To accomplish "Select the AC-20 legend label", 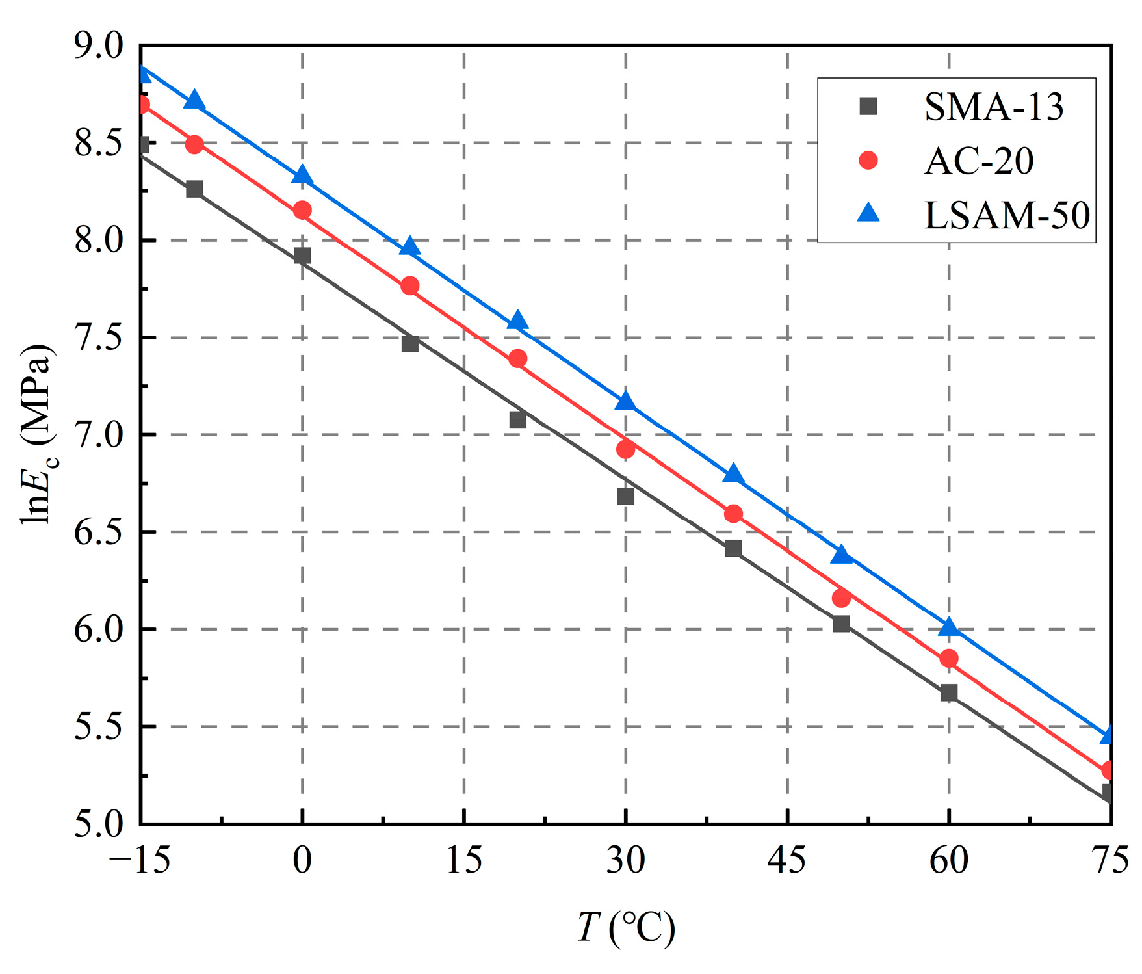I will click(978, 161).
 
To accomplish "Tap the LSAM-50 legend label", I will click(1006, 215).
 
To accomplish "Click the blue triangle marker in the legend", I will click(868, 213).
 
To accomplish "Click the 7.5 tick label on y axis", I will click(98, 339).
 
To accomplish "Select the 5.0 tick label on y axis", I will click(98, 824).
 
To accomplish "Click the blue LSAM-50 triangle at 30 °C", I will click(625, 401).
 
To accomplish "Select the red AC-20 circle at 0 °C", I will click(302, 210).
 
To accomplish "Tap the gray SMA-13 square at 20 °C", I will click(517, 420).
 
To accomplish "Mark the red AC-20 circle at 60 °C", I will click(949, 658).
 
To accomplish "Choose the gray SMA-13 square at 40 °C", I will click(733, 548).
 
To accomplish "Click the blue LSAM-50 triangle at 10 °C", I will click(409, 246).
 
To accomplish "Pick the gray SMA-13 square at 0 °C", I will click(302, 256).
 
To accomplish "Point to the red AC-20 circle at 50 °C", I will click(841, 597).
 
